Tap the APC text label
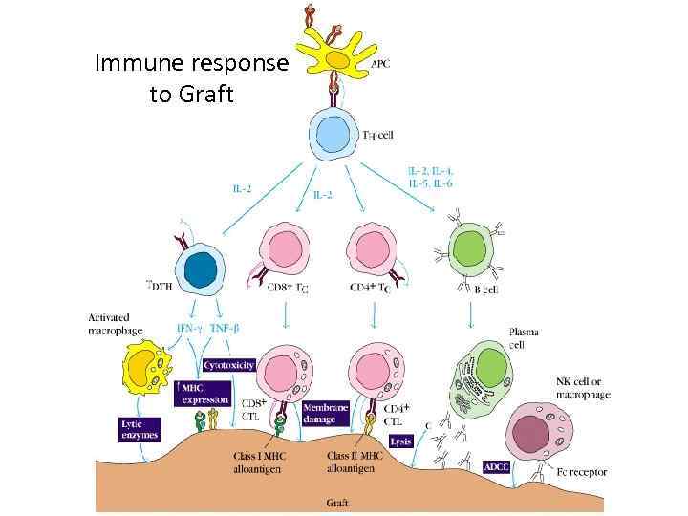[379, 64]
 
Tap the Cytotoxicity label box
[229, 364]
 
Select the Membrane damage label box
[325, 412]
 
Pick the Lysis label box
[400, 441]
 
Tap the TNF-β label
[226, 329]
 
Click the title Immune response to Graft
[191, 79]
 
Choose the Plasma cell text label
[523, 337]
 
